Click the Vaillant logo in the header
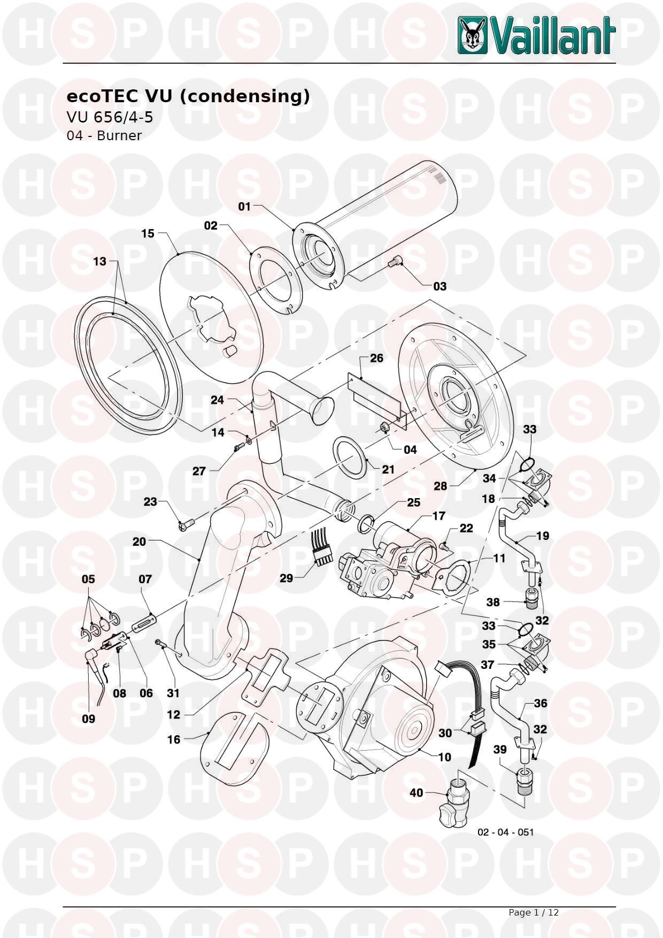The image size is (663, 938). click(536, 35)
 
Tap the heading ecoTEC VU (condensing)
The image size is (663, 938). click(188, 97)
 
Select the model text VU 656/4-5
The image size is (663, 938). click(109, 117)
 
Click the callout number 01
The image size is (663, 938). click(244, 207)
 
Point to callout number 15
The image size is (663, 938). click(148, 233)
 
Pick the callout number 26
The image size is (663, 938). click(376, 357)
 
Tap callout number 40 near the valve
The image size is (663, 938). click(417, 792)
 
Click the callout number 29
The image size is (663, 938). click(287, 578)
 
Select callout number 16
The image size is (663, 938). click(174, 739)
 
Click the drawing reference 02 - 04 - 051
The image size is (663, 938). click(505, 832)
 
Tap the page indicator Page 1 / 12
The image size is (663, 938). click(533, 912)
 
